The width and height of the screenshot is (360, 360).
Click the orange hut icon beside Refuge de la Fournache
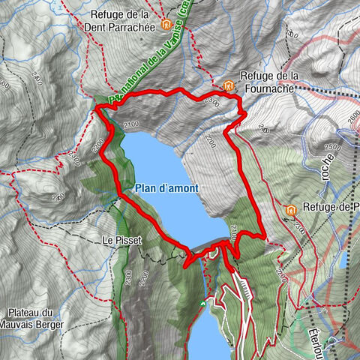(228, 84)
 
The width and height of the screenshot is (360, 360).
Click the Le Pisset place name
(119, 241)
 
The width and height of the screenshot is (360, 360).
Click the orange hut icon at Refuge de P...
(290, 209)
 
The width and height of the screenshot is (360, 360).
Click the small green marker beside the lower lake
(202, 303)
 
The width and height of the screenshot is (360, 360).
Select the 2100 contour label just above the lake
(132, 124)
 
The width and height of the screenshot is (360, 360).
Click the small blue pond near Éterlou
(341, 259)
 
